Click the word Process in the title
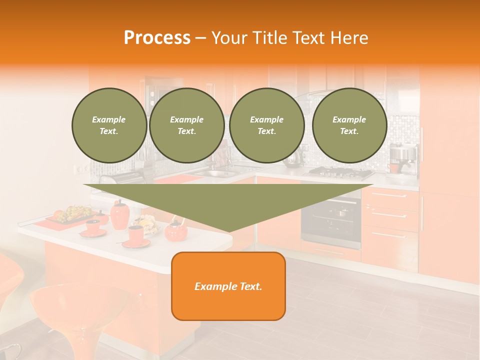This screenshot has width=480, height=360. tap(157, 38)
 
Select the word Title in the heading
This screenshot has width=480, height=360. tap(267, 38)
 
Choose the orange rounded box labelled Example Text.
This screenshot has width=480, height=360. tap(228, 286)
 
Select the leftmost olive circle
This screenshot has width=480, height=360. tap(109, 125)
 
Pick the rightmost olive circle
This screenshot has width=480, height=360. tap(349, 125)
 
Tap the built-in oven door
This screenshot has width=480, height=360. tap(331, 220)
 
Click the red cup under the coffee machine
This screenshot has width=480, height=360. tap(394, 168)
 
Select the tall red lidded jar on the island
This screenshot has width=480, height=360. tap(119, 215)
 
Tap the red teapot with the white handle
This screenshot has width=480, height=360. tap(176, 229)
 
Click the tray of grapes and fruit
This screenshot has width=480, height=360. tap(72, 214)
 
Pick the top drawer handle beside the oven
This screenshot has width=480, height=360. tap(389, 195)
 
